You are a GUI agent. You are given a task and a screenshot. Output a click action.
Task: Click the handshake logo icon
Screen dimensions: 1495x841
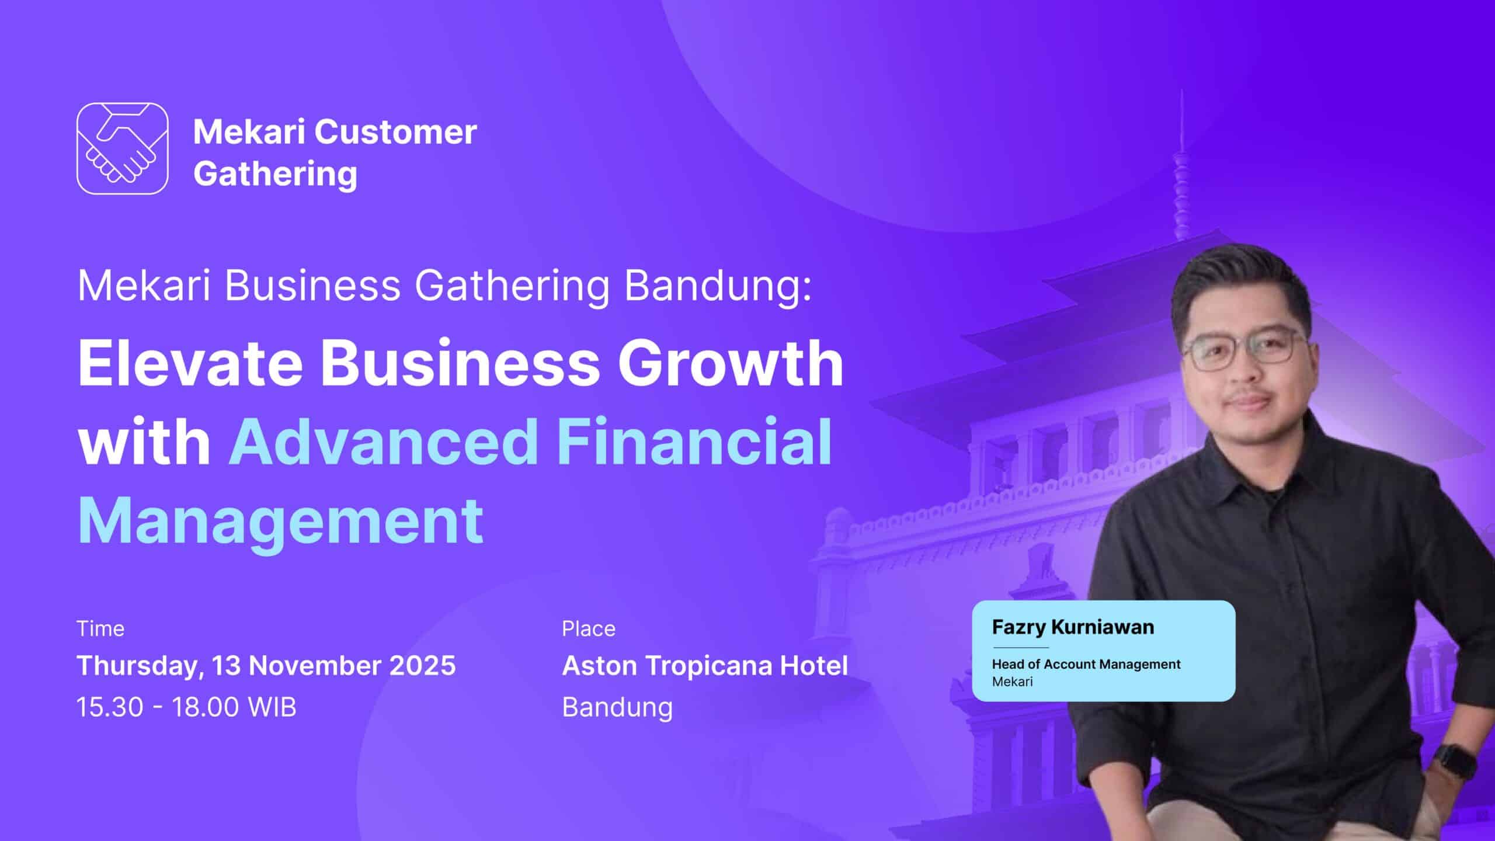coord(123,148)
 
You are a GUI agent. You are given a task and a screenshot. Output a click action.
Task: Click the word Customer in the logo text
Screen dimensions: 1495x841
coord(396,132)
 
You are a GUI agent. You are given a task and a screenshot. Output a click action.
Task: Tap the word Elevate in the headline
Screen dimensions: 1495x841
coord(190,363)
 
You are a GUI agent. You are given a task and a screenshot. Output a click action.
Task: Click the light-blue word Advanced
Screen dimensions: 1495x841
coord(383,442)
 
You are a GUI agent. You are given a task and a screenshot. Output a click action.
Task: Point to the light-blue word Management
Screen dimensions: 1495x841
coord(280,521)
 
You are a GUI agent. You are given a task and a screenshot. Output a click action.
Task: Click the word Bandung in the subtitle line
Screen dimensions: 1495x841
coord(718,286)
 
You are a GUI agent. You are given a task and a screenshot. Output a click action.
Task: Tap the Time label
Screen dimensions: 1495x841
coord(100,629)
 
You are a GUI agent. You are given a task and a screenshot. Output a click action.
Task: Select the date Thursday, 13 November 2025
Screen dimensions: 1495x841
coord(266,666)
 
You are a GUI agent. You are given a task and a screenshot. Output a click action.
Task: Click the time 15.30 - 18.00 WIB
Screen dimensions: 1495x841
coord(187,707)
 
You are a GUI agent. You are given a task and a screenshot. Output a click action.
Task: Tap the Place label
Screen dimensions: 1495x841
coord(589,629)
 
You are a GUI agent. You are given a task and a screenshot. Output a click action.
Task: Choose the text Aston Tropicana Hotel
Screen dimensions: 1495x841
coord(705,666)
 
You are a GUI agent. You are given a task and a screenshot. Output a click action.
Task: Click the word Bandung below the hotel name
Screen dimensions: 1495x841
coord(617,708)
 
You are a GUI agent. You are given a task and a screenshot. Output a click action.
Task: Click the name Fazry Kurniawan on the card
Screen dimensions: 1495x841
coord(1073,627)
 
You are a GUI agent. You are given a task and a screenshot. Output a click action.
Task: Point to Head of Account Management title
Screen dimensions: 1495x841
coord(1086,665)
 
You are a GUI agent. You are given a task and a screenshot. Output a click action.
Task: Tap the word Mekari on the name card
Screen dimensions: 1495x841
coord(1013,682)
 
